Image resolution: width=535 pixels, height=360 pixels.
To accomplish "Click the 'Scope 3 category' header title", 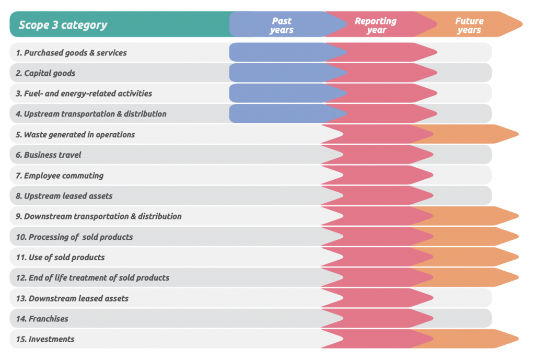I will click(63, 25).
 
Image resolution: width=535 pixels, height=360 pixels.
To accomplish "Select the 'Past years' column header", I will click(282, 25).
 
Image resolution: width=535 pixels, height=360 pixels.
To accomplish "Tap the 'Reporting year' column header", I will click(375, 25).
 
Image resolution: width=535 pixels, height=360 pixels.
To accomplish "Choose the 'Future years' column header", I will click(469, 25).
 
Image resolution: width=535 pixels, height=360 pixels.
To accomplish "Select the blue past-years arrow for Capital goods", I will click(277, 73).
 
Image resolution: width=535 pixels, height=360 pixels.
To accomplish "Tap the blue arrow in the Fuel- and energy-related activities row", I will click(277, 94).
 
